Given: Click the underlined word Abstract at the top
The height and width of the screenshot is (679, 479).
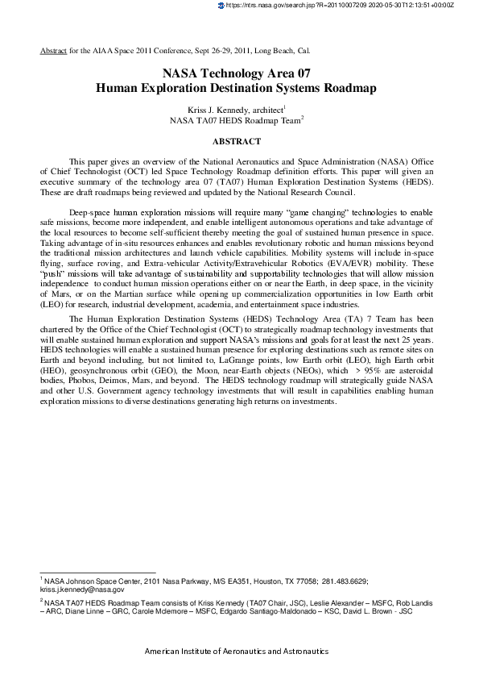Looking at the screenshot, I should tap(53, 50).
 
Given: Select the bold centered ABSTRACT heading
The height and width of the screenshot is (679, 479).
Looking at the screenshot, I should tap(236, 141).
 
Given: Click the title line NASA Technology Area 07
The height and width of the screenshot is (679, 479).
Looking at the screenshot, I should tap(236, 73).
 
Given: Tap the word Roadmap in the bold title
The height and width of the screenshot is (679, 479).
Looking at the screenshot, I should tap(345, 88).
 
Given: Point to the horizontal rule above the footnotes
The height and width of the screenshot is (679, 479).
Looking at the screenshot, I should tap(97, 572).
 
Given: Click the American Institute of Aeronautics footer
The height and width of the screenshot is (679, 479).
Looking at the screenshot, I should tap(236, 651).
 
